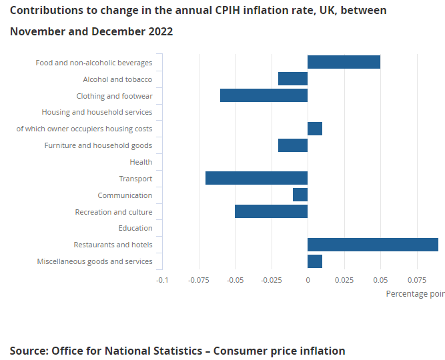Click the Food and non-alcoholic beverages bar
344,62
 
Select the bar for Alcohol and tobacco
293,79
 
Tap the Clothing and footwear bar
264,95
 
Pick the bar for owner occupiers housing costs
315,129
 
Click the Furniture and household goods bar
293,145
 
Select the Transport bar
257,178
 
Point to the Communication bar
300,195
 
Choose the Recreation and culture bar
272,211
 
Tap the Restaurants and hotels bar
373,245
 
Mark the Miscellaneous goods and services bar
315,261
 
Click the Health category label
141,162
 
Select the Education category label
135,228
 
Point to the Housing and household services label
97,112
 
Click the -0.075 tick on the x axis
199,280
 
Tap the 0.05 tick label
380,280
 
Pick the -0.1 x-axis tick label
162,280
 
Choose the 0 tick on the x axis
308,280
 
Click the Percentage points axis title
416,294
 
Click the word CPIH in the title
228,11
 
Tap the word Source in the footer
29,351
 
